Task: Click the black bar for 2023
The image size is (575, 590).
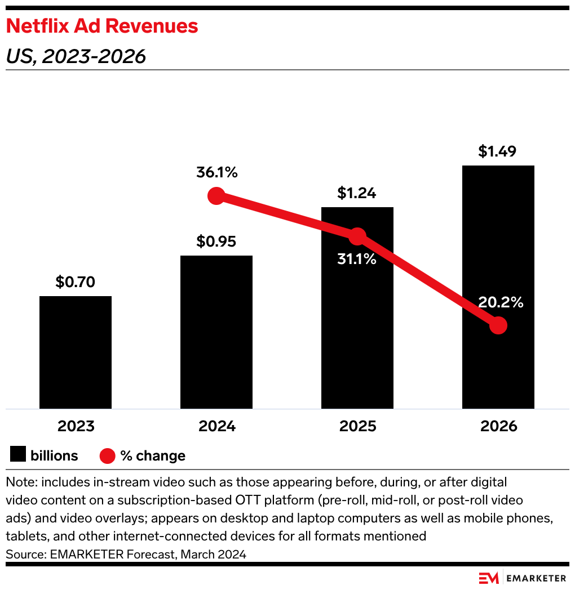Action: (76, 352)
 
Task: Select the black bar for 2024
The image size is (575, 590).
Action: (216, 332)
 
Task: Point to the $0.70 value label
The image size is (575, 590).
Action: (76, 282)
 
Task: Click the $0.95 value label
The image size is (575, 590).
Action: (216, 242)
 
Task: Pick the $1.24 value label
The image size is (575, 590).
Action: (357, 193)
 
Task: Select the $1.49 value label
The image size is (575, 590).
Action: (498, 151)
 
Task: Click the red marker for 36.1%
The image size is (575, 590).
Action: (216, 196)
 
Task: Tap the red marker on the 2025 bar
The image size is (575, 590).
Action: (357, 236)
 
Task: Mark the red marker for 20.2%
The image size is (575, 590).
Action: (498, 325)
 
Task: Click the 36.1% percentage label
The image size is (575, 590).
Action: (217, 172)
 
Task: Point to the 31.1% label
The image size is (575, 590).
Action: (356, 260)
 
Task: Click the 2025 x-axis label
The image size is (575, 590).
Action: (357, 426)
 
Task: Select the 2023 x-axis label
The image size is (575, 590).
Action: (76, 426)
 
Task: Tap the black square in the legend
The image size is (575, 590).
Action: (18, 455)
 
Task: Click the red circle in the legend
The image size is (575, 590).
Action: (108, 455)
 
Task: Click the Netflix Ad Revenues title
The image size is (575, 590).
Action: (102, 26)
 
